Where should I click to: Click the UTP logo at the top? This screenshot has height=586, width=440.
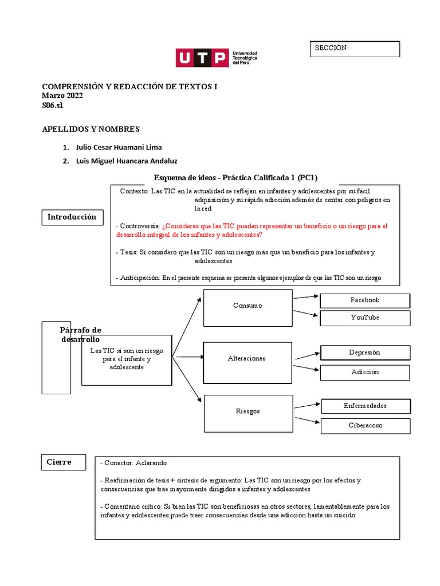click(216, 58)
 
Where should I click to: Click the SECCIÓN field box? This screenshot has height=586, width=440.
click(354, 49)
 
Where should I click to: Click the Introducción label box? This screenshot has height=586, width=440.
click(72, 217)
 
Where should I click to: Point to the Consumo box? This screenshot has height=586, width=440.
click(247, 306)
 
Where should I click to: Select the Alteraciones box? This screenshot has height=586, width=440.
click(247, 358)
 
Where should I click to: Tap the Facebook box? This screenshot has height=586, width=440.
click(365, 300)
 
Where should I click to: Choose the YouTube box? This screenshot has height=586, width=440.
click(365, 318)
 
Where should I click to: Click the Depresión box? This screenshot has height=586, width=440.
click(365, 353)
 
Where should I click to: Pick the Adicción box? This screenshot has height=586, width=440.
click(365, 372)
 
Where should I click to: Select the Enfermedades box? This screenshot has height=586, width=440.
click(365, 406)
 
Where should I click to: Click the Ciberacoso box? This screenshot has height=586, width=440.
click(365, 425)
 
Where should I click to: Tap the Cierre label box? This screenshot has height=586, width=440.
click(63, 462)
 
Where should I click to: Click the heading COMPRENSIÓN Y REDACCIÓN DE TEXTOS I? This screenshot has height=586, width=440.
click(129, 86)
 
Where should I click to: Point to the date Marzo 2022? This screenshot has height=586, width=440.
click(62, 96)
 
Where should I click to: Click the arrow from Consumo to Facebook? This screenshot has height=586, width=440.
click(306, 297)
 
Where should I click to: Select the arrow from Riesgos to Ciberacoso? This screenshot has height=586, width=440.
click(306, 420)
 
